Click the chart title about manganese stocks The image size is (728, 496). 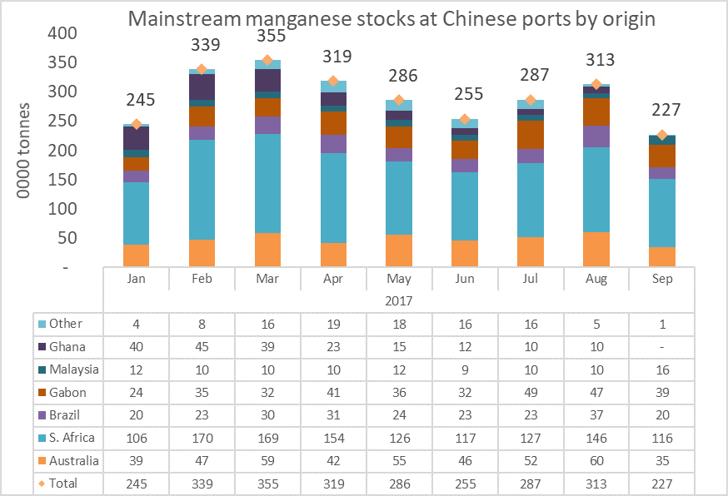[391, 18]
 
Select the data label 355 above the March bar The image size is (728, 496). [267, 36]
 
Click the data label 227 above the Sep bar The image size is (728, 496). [666, 110]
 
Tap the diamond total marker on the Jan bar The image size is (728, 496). [136, 124]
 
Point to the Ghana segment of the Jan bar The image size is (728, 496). [136, 138]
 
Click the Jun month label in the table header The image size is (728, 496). [466, 279]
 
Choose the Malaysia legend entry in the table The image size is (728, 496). [74, 369]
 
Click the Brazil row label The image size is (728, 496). [66, 414]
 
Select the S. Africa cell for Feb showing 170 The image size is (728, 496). [202, 437]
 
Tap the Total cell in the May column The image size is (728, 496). [401, 483]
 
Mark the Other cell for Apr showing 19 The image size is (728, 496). [334, 323]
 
